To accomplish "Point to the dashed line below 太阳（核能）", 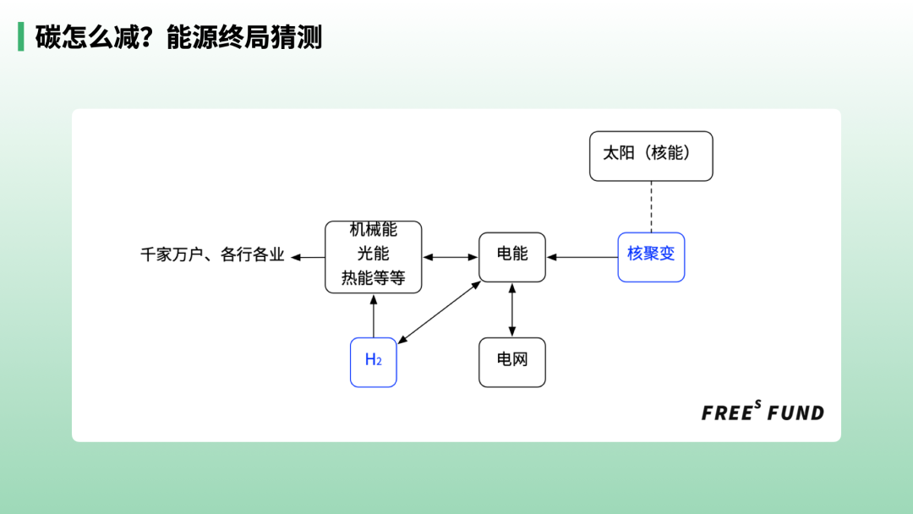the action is [651, 206].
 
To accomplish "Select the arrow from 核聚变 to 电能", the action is [582, 257].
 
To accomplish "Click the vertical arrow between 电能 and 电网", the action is [512, 309].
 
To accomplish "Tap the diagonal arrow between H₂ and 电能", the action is [439, 313].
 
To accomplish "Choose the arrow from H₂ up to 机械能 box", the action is [374, 316].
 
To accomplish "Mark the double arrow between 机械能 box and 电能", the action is [450, 257].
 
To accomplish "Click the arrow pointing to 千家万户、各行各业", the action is [308, 257].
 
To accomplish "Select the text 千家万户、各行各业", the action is [212, 254].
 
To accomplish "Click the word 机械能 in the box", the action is [374, 229].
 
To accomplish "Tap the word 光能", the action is [374, 254].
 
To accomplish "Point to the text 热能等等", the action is [374, 277].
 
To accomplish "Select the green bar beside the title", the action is [21, 36].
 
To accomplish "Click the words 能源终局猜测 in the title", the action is [244, 37].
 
